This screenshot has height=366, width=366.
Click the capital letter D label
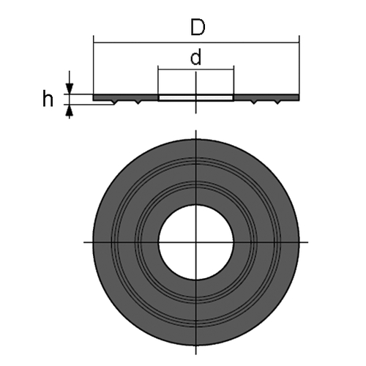point(198,28)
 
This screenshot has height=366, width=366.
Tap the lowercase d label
point(196,57)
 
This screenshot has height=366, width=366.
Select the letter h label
point(48,98)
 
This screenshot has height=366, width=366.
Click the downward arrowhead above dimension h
point(70,89)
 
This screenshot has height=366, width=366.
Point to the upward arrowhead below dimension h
point(70,110)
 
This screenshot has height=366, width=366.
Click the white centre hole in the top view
point(196,242)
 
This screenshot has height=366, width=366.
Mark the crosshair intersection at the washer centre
point(196,242)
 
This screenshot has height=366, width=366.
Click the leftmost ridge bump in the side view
point(115,102)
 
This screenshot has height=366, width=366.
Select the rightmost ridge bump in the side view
point(277,102)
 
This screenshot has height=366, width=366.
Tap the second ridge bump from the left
point(138,102)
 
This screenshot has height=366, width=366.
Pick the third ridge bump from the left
point(254,102)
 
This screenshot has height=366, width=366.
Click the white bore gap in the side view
point(196,98)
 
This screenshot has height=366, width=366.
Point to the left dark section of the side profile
point(126,97)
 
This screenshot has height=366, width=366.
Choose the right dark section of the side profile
point(266,97)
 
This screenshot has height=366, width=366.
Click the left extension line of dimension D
point(94,65)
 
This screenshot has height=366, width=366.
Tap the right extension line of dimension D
point(299,65)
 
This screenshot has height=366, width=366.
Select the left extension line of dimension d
point(158,80)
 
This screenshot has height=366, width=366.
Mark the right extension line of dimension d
point(234,80)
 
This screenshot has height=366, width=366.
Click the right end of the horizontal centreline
point(308,242)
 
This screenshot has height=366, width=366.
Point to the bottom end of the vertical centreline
point(196,354)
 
